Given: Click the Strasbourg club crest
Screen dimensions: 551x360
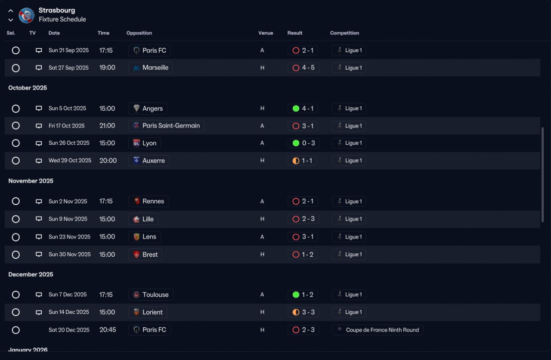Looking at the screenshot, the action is coord(27,15).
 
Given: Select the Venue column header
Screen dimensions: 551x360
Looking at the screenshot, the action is coord(266,33).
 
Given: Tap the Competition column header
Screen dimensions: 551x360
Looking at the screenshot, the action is coord(344,33).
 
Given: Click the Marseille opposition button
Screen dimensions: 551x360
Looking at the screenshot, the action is coord(151,68).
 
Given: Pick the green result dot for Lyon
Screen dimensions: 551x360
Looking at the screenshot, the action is coord(296,143).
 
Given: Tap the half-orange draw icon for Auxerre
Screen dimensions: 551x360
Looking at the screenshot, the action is coord(296,161).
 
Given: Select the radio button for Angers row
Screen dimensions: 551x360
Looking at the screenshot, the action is coord(16,109).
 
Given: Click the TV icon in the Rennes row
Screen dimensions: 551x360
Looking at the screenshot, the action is coord(39,201).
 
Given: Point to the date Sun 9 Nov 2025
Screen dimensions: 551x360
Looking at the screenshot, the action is coord(68,219).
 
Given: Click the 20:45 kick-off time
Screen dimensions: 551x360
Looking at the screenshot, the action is coord(108,330).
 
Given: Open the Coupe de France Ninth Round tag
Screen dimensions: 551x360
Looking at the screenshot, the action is coord(378,330).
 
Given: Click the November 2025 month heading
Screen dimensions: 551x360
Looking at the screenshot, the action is coord(31,181).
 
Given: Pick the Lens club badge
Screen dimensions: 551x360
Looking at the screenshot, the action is coord(136,237).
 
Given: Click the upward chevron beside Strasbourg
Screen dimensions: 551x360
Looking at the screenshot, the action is coord(11,11).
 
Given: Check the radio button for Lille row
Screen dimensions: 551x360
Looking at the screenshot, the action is coord(16,219).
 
